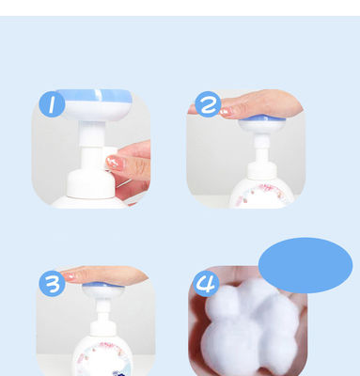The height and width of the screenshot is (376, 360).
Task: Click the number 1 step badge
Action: [52, 104]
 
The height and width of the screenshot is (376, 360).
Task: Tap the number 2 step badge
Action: [208, 104]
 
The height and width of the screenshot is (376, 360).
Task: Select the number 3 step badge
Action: [52, 284]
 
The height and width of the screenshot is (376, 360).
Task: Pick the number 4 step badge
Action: [206, 284]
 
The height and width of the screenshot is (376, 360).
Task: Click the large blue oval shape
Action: [305, 265]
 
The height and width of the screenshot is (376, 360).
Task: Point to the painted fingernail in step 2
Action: [227, 111]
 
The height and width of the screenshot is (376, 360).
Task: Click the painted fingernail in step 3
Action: [69, 276]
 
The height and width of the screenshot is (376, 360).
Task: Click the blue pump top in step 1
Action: [94, 96]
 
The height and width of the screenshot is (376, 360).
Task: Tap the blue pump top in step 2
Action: [262, 117]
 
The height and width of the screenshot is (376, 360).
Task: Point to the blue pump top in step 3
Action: [103, 285]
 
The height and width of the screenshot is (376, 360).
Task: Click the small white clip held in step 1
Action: [110, 158]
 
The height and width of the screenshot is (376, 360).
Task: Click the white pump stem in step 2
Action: [261, 148]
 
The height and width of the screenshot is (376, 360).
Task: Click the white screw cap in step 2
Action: [262, 171]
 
